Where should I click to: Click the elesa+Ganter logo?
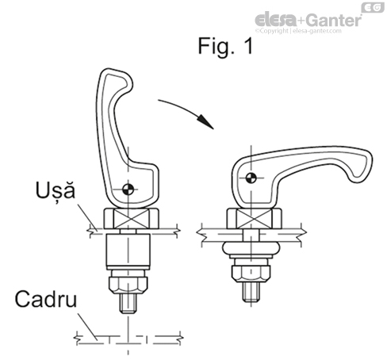[308, 19]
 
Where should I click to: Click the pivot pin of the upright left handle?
[128, 188]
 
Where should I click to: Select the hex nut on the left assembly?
[128, 283]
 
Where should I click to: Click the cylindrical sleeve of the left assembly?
[128, 254]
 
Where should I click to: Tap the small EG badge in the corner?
[372, 7]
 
